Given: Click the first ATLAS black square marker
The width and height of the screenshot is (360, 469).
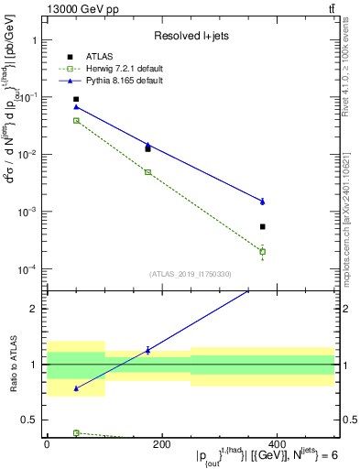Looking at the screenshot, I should click(76, 99).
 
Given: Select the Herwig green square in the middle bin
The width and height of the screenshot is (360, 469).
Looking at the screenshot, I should click(147, 172).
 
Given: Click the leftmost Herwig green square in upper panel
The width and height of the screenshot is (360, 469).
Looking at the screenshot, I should click(76, 120).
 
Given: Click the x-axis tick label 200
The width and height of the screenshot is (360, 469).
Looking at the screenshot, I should click(161, 444).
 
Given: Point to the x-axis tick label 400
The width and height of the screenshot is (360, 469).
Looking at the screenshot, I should click(276, 444).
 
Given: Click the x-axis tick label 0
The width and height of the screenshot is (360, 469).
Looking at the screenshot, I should click(47, 444).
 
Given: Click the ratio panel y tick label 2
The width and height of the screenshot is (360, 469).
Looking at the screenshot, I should click(34, 309).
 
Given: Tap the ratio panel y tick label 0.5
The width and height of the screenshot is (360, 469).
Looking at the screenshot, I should click(31, 420).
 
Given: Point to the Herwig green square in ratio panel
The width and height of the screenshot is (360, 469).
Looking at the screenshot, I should click(76, 432).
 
